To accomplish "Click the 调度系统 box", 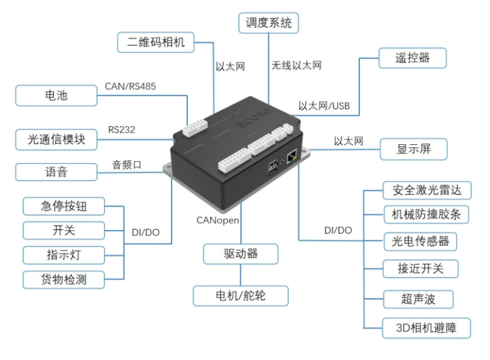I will point(268,23).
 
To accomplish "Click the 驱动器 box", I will point(240,254).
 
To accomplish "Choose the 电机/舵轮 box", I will point(240,296).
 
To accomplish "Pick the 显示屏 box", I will point(413,149).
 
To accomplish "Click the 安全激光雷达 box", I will point(426,191).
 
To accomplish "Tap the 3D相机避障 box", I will point(426,328).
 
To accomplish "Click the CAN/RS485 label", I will point(130,85).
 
